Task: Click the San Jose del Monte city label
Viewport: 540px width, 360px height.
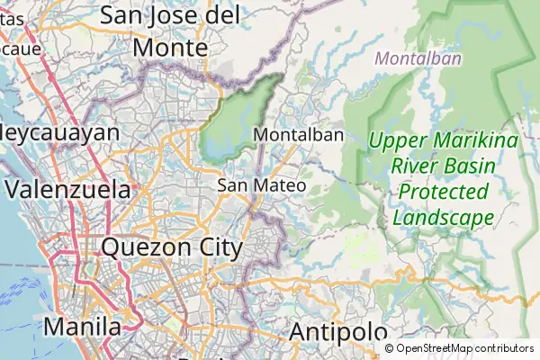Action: click(170, 30)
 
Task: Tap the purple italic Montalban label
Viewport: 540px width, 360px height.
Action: click(418, 59)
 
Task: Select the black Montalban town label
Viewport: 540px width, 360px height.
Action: click(300, 135)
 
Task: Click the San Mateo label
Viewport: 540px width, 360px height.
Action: click(262, 185)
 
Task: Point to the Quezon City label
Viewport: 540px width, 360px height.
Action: click(172, 247)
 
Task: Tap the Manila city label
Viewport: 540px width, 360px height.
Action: click(83, 327)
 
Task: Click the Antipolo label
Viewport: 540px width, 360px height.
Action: click(337, 332)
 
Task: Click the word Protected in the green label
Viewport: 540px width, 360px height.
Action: click(443, 192)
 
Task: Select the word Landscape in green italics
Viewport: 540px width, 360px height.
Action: click(443, 218)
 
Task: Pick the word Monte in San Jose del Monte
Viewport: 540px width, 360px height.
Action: click(170, 47)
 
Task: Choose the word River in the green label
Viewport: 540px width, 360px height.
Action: click(423, 166)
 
